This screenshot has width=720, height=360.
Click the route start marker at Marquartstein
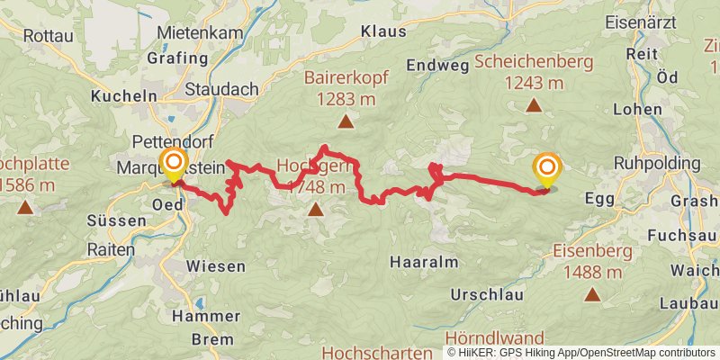[172, 166]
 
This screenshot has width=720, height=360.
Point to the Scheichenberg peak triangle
[534, 106]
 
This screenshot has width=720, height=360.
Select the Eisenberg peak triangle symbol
[592, 294]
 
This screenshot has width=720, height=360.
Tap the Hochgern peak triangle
[315, 211]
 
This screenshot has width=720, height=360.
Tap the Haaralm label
[424, 262]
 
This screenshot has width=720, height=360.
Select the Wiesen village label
[216, 266]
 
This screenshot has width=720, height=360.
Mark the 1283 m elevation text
[345, 98]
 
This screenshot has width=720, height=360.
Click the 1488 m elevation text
[593, 271]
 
